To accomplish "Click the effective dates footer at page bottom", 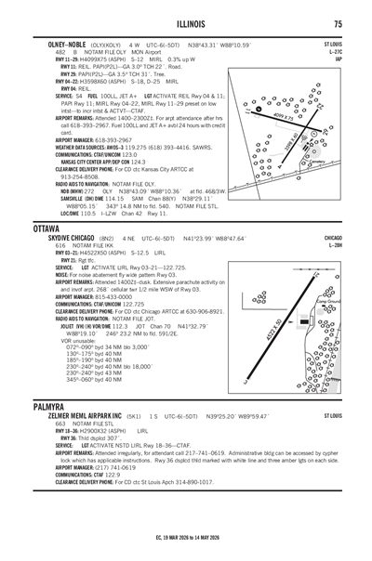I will [x=186, y=550].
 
